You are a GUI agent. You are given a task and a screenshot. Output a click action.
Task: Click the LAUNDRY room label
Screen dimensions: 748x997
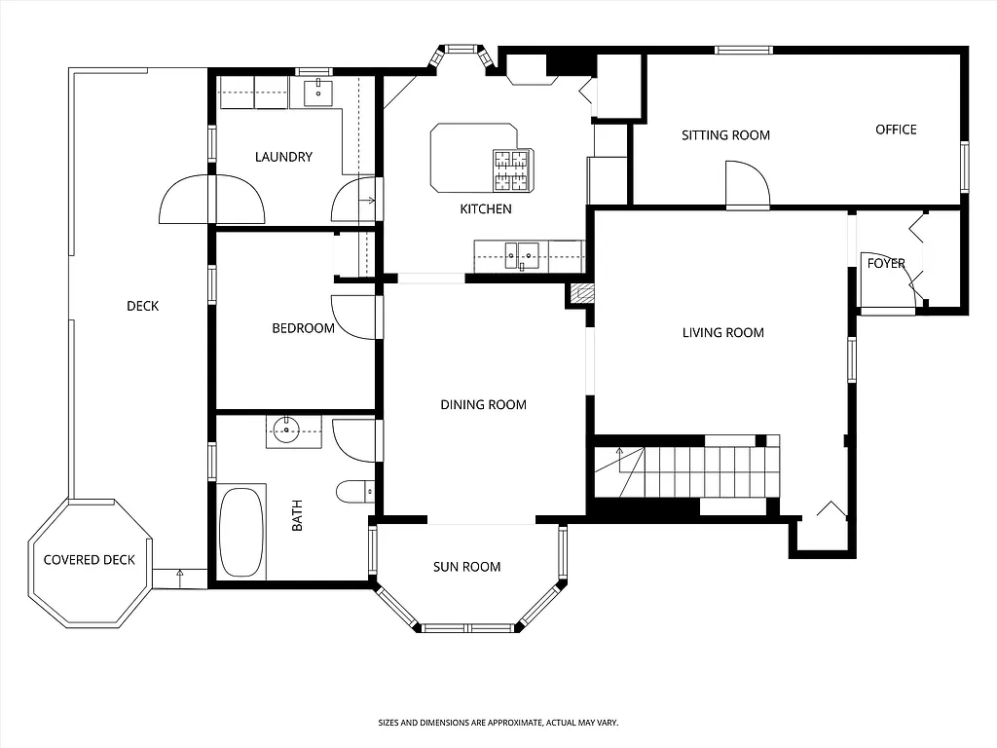[283, 157]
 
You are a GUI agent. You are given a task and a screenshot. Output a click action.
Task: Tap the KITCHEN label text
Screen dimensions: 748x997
[486, 208]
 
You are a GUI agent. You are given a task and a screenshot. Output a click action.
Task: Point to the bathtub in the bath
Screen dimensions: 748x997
[240, 532]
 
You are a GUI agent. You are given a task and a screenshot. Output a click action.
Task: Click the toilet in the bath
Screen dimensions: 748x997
[352, 492]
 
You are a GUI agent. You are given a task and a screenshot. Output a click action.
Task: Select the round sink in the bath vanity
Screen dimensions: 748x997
[286, 430]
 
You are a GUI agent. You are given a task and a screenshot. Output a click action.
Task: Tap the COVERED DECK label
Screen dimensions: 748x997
[90, 560]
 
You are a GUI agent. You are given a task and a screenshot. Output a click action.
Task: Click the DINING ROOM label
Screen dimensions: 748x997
[483, 405]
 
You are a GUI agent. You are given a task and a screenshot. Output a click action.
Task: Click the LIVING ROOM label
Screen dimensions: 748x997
[722, 333]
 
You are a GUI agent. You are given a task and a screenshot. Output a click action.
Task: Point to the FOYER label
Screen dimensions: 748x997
[886, 264]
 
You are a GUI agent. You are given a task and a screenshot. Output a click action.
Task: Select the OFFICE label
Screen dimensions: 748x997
[896, 130]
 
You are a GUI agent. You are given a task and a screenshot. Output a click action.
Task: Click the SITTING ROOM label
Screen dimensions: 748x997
[725, 135]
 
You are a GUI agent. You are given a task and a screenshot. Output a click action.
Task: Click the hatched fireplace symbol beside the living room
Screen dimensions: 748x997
[581, 293]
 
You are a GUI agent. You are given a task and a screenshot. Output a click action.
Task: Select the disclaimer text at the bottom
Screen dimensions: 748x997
[498, 723]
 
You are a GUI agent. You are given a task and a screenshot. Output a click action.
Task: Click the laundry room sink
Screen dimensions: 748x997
[318, 93]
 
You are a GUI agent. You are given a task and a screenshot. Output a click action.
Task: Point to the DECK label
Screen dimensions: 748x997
[142, 307]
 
